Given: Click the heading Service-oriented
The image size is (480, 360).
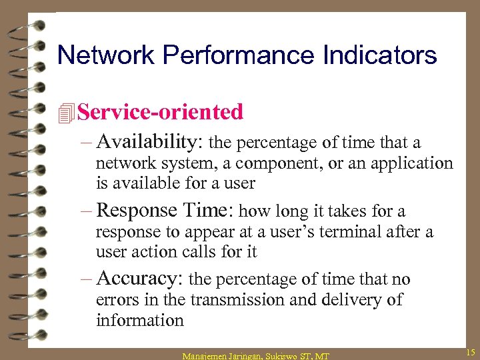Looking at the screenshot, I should [x=160, y=112].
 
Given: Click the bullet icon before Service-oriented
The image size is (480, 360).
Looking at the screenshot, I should [x=65, y=113].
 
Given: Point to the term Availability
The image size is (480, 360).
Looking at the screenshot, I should [x=151, y=143].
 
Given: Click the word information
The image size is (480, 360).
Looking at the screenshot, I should [x=139, y=321].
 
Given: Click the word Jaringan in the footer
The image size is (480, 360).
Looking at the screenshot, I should [x=249, y=356].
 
